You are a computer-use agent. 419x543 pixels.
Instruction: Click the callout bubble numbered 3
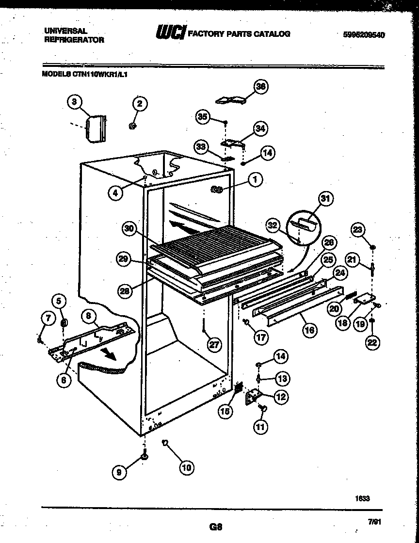pyautogui.click(x=74, y=102)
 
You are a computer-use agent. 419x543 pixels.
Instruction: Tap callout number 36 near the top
pyautogui.click(x=261, y=86)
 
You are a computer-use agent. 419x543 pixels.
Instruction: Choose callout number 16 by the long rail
pyautogui.click(x=309, y=331)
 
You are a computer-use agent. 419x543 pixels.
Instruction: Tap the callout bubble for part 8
pyautogui.click(x=88, y=316)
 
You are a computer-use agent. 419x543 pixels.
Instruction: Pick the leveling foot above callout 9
pyautogui.click(x=145, y=456)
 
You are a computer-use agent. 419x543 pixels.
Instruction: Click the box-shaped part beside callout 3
pyautogui.click(x=95, y=129)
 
